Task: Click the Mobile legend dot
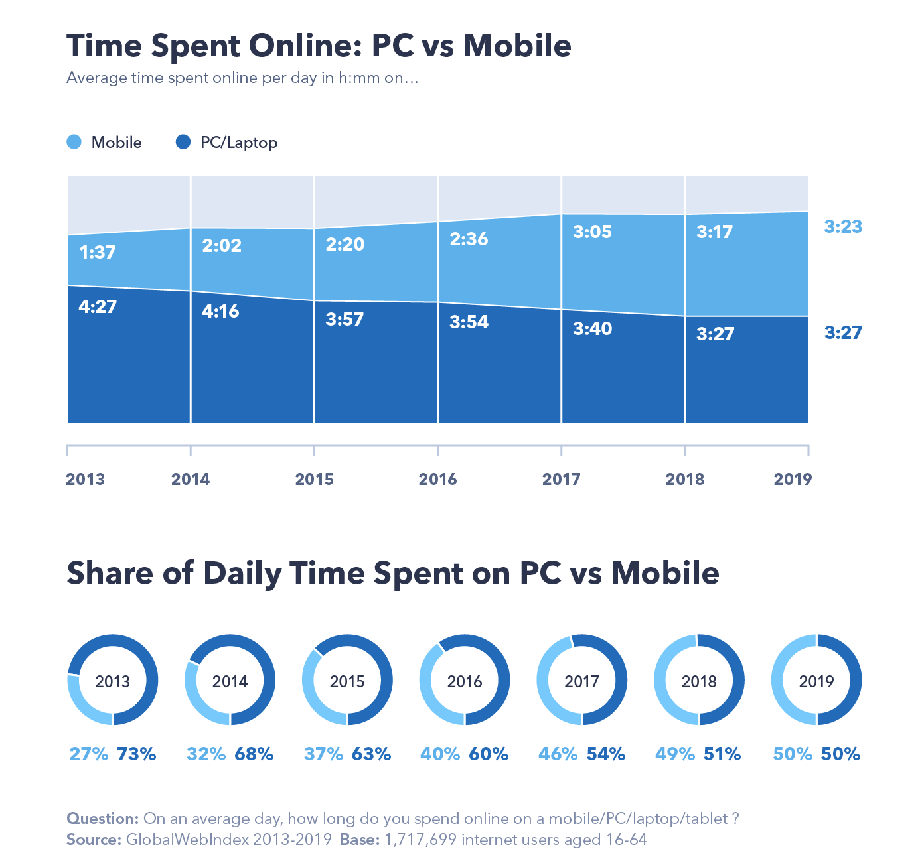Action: point(74,142)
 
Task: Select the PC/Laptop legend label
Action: point(238,143)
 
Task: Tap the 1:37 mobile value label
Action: point(97,252)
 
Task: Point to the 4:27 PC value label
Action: point(97,306)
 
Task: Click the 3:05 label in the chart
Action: point(592,232)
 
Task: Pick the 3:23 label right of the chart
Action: point(843,226)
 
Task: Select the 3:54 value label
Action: point(469,322)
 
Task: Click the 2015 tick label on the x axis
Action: point(314,479)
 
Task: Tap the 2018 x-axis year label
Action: point(684,479)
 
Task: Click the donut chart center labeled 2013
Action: point(113,681)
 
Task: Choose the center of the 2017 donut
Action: point(581,681)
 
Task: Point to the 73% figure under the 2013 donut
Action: point(137,754)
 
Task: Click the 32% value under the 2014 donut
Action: point(206,754)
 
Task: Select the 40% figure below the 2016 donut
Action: point(440,754)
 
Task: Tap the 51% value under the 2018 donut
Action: point(722,754)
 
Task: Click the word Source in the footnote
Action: point(93,840)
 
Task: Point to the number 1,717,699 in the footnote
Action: point(420,840)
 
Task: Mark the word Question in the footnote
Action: point(102,819)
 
